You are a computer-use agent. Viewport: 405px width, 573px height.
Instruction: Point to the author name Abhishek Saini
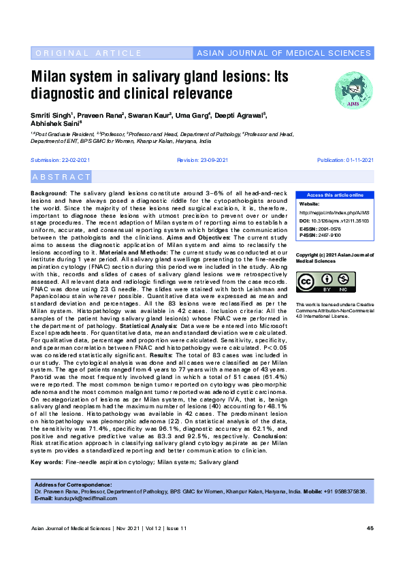click(x=56, y=125)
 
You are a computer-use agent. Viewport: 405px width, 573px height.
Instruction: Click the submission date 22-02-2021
click(x=71, y=159)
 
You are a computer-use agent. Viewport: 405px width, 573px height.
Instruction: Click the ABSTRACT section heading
click(x=61, y=177)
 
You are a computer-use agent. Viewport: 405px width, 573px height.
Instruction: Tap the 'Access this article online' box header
click(x=335, y=195)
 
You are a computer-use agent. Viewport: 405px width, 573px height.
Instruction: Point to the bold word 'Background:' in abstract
click(x=49, y=194)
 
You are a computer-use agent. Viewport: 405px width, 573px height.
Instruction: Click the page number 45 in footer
click(x=370, y=529)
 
